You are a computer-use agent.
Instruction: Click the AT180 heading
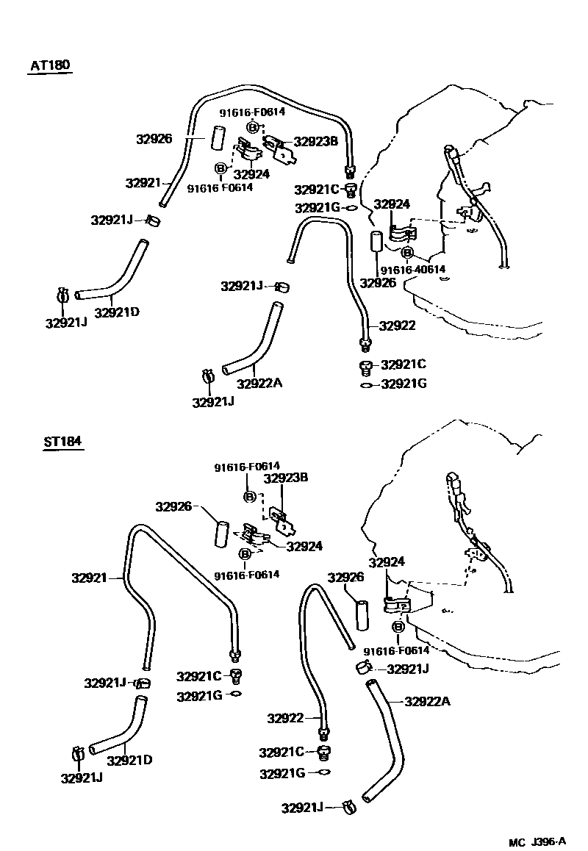tap(50, 65)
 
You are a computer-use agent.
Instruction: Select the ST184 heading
tap(62, 442)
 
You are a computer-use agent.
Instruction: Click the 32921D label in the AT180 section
tap(117, 312)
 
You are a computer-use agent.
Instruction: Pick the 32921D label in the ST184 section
tap(129, 760)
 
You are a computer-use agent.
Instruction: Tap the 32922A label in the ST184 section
tap(427, 701)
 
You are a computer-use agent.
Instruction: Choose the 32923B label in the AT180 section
tap(315, 141)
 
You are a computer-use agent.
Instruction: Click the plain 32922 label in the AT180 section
tap(398, 326)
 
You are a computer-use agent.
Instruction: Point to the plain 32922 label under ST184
tap(285, 718)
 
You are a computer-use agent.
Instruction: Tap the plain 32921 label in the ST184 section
tap(90, 578)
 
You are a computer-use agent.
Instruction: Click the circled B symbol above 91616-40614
tap(408, 253)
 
